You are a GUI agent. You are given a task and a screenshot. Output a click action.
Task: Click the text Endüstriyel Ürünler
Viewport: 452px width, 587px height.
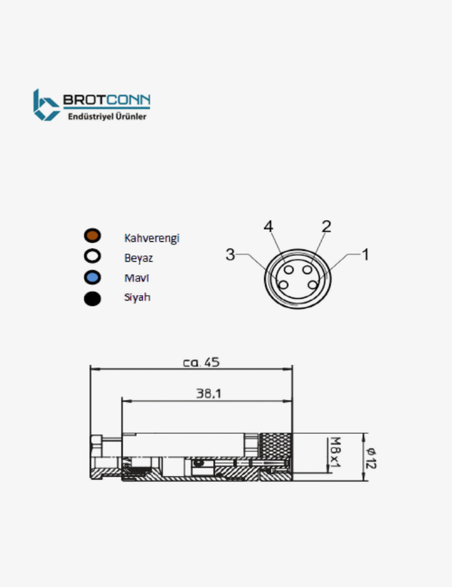click(x=106, y=116)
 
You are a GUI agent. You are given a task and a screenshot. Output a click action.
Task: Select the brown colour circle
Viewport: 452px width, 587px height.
click(x=93, y=236)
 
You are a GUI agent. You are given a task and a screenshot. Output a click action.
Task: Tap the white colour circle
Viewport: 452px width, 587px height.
click(x=93, y=257)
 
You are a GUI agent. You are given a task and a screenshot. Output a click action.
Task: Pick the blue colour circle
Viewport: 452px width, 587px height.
click(x=93, y=277)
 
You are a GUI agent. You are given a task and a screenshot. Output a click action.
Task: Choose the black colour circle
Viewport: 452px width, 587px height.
click(x=93, y=299)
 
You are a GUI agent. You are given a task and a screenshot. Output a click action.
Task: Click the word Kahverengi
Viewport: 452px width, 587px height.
click(x=151, y=238)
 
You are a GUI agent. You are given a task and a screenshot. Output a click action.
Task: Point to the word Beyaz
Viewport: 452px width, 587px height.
click(x=138, y=257)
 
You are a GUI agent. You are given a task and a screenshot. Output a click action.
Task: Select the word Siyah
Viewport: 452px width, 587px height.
click(x=137, y=298)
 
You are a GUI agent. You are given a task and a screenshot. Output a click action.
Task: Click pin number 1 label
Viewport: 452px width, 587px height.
click(x=365, y=254)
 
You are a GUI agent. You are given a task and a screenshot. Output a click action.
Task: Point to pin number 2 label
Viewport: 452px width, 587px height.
click(x=326, y=227)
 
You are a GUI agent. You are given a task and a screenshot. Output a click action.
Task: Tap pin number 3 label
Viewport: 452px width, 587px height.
click(x=230, y=254)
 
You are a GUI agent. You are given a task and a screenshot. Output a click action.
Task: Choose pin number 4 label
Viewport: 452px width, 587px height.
click(x=269, y=227)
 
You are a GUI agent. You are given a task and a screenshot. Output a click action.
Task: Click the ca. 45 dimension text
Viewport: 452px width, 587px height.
click(x=201, y=362)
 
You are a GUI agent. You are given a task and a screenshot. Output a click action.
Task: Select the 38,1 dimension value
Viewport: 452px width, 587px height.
click(x=208, y=393)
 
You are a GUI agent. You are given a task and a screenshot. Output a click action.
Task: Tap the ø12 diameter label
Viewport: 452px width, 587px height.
click(x=371, y=458)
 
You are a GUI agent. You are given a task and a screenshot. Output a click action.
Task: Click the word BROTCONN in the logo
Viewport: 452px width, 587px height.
click(x=106, y=100)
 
